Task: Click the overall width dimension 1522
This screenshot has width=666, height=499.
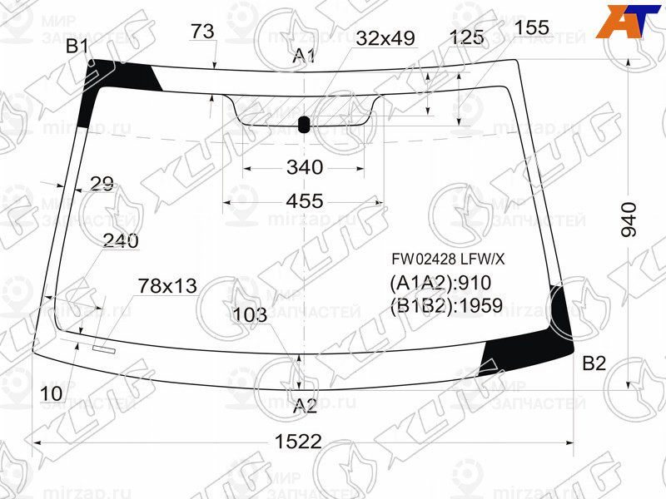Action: pyautogui.click(x=298, y=442)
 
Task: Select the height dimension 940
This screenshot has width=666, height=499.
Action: pyautogui.click(x=630, y=220)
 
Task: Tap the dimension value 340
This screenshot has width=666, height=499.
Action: pyautogui.click(x=304, y=167)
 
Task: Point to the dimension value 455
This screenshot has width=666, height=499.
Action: pyautogui.click(x=304, y=201)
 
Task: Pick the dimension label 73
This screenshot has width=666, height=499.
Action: pyautogui.click(x=202, y=32)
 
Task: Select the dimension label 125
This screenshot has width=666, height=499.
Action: pyautogui.click(x=466, y=37)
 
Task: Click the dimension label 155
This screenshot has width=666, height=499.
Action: pyautogui.click(x=531, y=27)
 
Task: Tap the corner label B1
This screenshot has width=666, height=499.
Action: pyautogui.click(x=77, y=47)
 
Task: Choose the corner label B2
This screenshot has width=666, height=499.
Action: pyautogui.click(x=594, y=363)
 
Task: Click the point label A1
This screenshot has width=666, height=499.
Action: pyautogui.click(x=304, y=57)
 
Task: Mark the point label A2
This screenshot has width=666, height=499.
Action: pyautogui.click(x=305, y=407)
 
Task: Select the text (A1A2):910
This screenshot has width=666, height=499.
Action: pyautogui.click(x=440, y=283)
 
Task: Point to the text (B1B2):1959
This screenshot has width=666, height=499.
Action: pyautogui.click(x=445, y=306)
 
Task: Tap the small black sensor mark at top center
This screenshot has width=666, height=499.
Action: pyautogui.click(x=303, y=126)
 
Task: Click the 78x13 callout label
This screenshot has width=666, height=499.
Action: pyautogui.click(x=166, y=286)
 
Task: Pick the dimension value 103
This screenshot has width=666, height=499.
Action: pyautogui.click(x=250, y=314)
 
